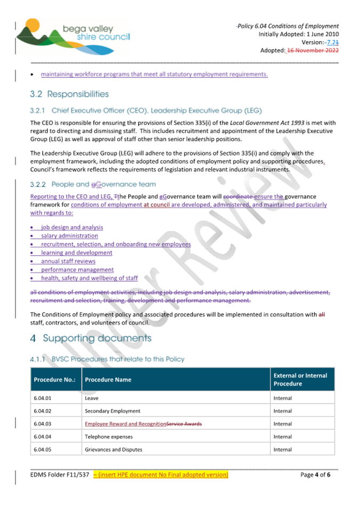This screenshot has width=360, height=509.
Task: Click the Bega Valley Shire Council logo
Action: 73,36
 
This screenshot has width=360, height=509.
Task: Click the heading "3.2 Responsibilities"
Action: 69,94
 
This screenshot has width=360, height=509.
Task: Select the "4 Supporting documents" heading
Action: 91,338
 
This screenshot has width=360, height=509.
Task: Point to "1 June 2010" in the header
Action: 322,34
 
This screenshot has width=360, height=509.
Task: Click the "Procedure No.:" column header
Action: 54,379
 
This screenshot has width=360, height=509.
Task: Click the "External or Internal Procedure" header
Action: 300,379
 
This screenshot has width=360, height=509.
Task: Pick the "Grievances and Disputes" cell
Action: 114,449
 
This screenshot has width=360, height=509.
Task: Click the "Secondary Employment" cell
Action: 113,411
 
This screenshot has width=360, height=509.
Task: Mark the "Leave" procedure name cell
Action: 91,398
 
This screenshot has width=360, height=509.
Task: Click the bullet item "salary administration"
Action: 69,236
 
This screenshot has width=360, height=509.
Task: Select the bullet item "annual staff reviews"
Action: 68,261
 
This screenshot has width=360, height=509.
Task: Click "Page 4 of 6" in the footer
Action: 316,474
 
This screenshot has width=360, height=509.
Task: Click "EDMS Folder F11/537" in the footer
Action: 60,474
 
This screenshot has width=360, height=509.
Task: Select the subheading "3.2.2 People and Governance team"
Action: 93,185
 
